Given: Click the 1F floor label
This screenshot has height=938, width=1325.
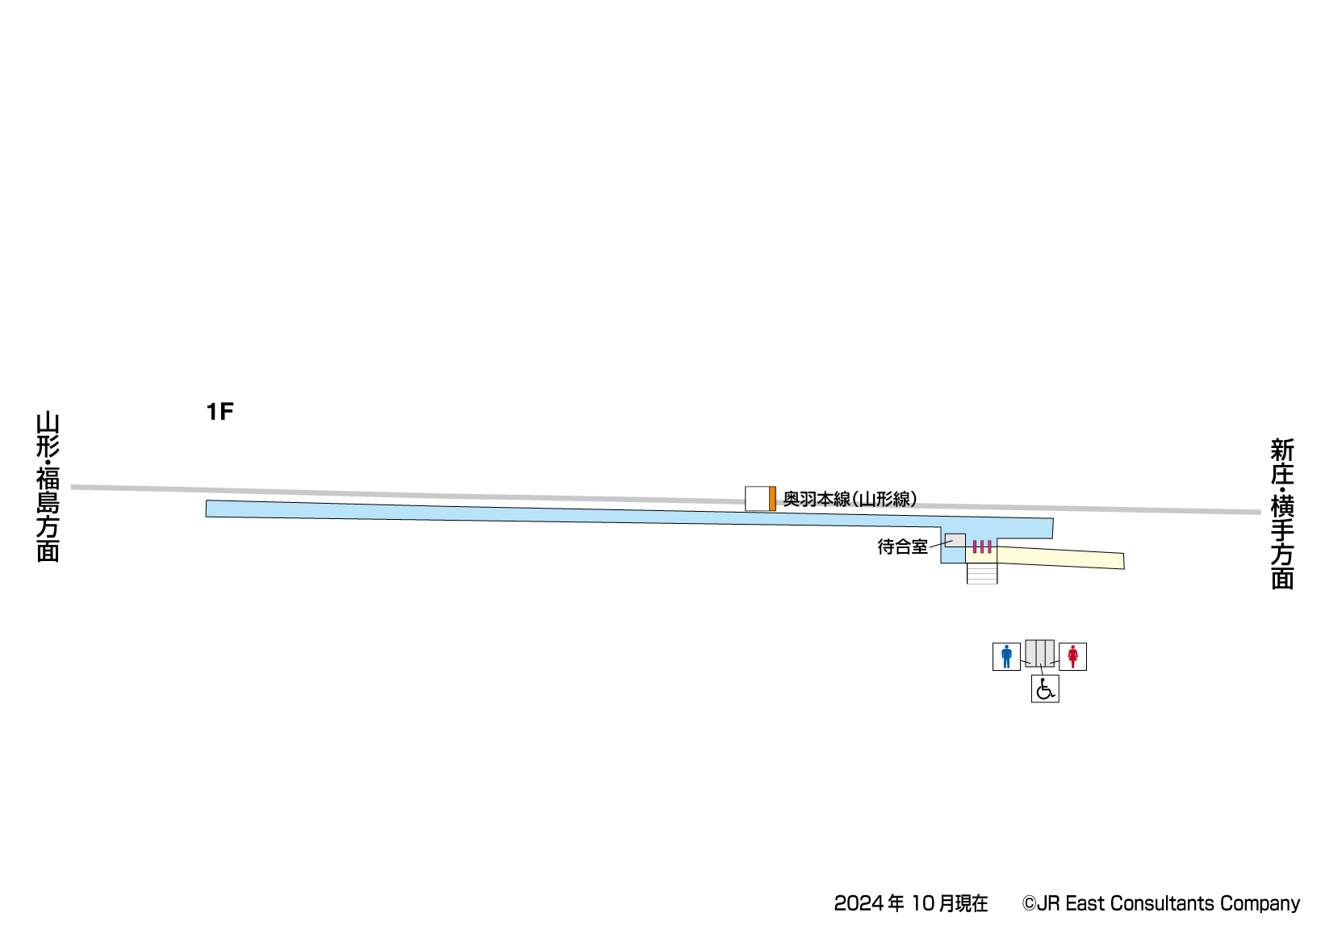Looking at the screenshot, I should click(219, 412).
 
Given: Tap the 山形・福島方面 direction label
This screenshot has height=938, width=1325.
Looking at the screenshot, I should click(48, 487).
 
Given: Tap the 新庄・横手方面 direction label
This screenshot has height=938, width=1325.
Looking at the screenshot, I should click(1281, 513).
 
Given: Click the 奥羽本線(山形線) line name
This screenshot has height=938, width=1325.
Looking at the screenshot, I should click(850, 499).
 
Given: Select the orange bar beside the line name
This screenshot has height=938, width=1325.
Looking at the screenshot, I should click(772, 499).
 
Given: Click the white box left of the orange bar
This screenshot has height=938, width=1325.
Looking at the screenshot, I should click(757, 499).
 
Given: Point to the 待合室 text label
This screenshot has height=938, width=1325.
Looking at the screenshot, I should click(902, 546).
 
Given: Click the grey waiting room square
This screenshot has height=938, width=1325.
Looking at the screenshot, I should click(955, 540).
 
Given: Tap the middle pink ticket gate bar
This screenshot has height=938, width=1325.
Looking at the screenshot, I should click(982, 546).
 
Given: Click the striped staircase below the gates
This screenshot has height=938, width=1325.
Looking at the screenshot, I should click(982, 573).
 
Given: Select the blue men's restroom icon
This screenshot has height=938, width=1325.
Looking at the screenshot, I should click(1006, 656).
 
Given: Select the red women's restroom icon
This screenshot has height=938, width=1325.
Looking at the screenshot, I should click(1072, 656).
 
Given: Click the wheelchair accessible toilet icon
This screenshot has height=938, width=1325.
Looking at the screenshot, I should click(1045, 689).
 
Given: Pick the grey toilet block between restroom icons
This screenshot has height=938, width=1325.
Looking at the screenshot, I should click(1039, 652).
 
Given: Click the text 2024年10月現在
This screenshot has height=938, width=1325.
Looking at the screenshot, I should click(911, 903).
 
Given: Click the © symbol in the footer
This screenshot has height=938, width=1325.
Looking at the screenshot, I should click(1029, 903).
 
